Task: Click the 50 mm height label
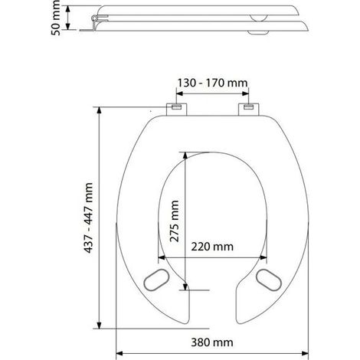coord(56,18)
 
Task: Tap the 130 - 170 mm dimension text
coord(212,83)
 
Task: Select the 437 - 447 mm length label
coord(88,218)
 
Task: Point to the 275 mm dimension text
coord(175,221)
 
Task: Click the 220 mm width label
coord(212,247)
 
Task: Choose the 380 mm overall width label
coord(212,342)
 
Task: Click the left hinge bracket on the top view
coord(177,110)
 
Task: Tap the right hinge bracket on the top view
coord(249,110)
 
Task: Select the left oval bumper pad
coord(156,280)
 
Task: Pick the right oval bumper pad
coord(269,280)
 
